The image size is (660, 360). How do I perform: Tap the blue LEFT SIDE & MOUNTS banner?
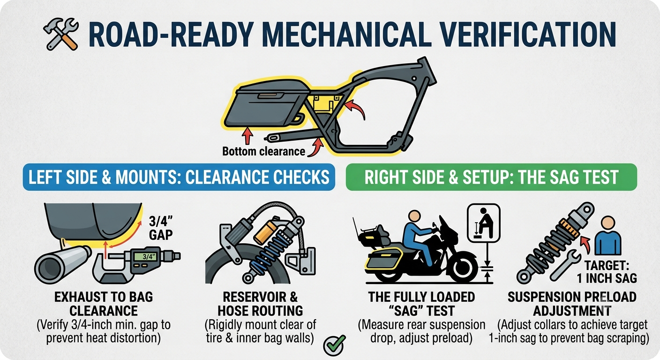(179, 177)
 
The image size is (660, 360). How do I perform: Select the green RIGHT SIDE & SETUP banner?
(491, 177)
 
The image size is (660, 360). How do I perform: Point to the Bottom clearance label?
(264, 151)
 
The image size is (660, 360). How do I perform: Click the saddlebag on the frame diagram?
(267, 103)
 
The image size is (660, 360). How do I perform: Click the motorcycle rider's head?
(414, 216)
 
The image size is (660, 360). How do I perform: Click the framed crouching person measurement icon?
(483, 223)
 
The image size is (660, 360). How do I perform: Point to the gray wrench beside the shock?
(564, 264)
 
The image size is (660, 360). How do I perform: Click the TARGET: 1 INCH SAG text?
(607, 272)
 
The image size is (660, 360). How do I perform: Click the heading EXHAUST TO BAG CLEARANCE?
(104, 304)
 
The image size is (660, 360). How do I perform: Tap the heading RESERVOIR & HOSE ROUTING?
(260, 304)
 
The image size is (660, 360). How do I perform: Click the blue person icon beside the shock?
(608, 236)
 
